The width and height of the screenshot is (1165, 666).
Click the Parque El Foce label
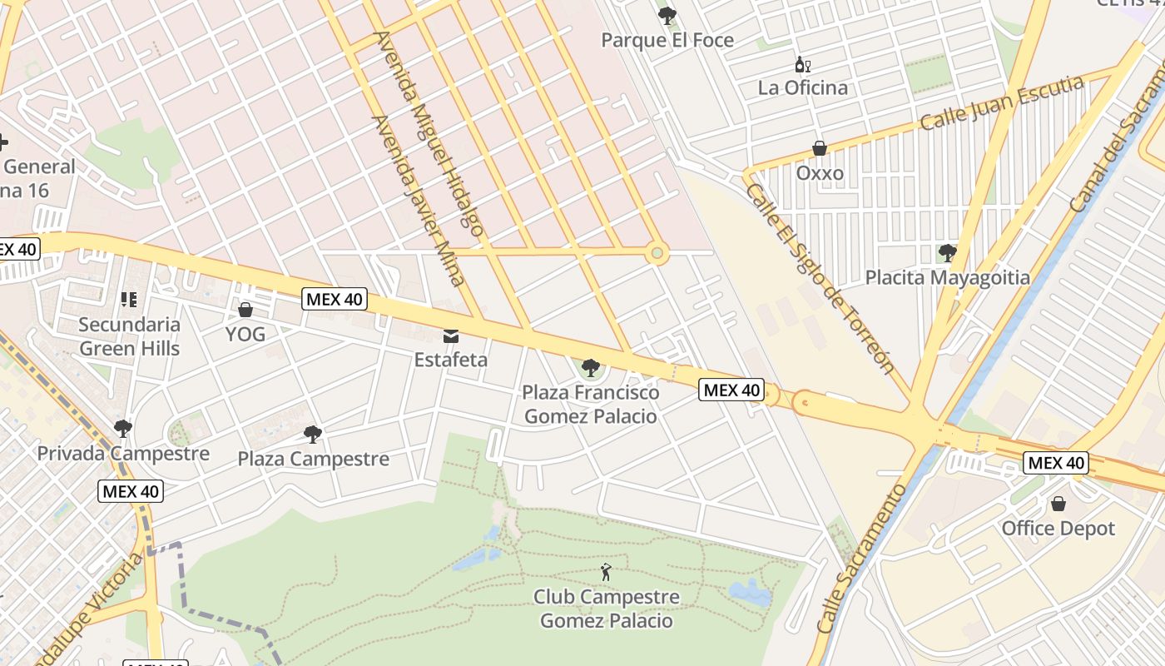[667, 40]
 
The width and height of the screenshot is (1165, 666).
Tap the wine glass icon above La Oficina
[803, 65]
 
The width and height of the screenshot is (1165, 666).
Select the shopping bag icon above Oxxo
[820, 149]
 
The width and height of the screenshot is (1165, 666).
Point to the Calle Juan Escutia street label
[1002, 103]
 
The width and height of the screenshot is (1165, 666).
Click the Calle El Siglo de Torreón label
[820, 279]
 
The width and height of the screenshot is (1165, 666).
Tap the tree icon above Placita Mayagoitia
[947, 252]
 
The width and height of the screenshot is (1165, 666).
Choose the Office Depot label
[1058, 529]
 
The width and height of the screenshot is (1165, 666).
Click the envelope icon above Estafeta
[451, 336]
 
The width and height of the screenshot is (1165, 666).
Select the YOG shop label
[245, 334]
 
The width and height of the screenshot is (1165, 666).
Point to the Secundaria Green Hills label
[129, 336]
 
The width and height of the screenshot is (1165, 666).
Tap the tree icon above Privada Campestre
[123, 430]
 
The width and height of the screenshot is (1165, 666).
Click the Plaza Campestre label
[313, 459]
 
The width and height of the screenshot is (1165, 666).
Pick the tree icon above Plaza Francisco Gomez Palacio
[591, 366]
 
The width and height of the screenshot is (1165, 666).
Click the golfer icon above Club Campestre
[606, 573]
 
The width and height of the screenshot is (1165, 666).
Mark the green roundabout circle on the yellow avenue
[657, 252]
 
